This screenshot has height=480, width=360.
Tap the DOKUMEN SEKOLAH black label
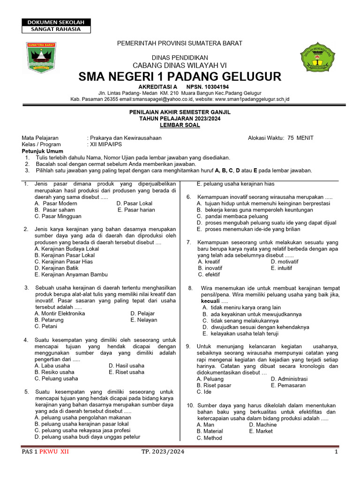click(x=56, y=22)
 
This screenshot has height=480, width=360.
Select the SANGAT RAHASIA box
click(x=56, y=29)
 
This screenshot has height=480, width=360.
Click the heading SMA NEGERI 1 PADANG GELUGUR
click(x=180, y=76)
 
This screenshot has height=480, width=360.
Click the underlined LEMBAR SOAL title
click(x=180, y=125)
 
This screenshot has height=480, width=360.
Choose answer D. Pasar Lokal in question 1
click(x=135, y=203)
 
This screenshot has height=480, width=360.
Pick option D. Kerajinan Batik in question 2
click(x=53, y=268)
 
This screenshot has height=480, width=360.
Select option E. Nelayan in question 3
click(x=144, y=320)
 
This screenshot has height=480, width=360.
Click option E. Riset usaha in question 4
click(x=127, y=372)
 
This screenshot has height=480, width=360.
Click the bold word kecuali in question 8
click(x=210, y=300)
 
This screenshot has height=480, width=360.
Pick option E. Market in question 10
click(x=261, y=431)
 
